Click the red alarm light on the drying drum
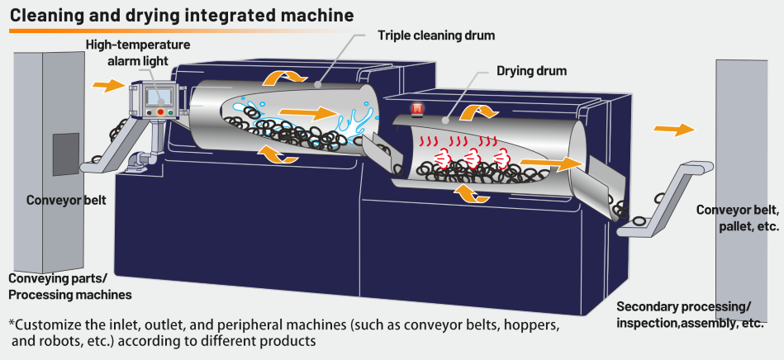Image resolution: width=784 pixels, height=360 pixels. [417, 108]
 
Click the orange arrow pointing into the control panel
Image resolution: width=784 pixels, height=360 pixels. [107, 84]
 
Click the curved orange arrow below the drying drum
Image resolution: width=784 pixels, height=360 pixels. [473, 193]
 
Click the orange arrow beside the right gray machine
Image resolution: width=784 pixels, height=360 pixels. [673, 129]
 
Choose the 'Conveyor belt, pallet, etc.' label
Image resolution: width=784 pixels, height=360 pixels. [736, 218]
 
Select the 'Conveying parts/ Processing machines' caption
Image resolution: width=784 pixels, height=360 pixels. [69, 286]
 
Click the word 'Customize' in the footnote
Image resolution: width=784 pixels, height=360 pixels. [48, 324]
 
